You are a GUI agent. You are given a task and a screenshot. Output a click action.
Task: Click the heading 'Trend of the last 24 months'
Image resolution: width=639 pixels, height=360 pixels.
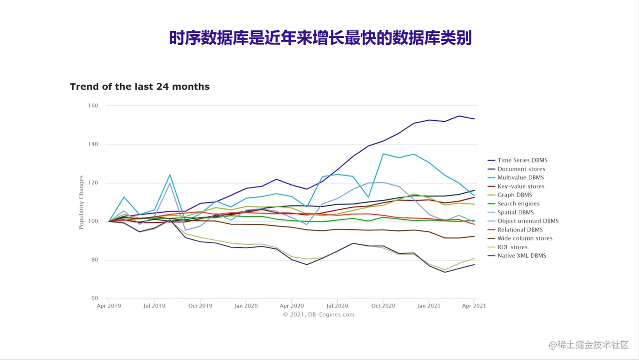[x=140, y=87]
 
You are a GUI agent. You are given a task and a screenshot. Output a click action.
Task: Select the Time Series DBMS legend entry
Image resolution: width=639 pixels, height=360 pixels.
[x=522, y=161]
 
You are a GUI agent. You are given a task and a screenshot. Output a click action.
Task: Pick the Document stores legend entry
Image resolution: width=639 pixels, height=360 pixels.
[x=521, y=169]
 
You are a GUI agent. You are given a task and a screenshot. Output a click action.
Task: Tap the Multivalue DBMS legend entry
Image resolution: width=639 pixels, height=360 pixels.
[x=521, y=178]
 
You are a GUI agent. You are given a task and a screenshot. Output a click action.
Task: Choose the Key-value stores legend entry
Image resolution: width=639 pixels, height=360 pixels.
[x=521, y=186]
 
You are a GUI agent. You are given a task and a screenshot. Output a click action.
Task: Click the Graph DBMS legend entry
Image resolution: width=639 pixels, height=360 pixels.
[x=515, y=195]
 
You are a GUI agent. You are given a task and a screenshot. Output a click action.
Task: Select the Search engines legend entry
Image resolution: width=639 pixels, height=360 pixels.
[x=518, y=203]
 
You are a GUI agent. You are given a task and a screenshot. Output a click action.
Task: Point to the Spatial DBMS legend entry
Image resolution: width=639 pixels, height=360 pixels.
[x=516, y=212]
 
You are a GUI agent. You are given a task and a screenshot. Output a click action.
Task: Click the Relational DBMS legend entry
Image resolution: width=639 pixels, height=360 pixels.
[x=520, y=230]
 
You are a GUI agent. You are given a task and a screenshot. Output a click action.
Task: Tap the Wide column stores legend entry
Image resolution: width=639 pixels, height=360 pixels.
[x=525, y=238]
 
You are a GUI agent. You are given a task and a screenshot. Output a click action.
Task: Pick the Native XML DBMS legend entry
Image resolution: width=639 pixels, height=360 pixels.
[x=522, y=256]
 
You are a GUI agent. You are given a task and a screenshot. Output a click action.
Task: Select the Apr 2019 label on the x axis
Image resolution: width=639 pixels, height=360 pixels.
[x=109, y=306]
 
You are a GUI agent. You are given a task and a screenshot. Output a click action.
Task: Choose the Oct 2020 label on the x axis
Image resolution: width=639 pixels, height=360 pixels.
[x=383, y=306]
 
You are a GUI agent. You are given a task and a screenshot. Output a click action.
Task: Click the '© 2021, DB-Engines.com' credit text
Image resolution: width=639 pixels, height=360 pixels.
[x=319, y=315]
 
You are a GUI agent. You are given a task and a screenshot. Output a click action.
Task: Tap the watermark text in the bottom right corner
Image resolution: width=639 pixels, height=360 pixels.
[x=589, y=345]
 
